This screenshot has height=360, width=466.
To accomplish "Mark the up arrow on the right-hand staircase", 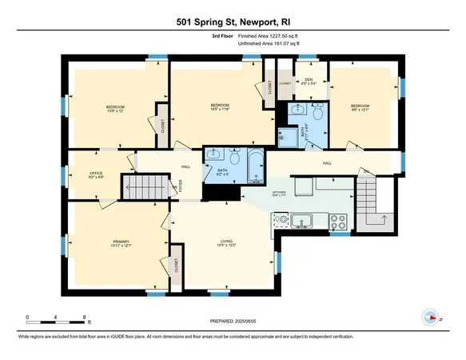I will [x=385, y=218].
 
